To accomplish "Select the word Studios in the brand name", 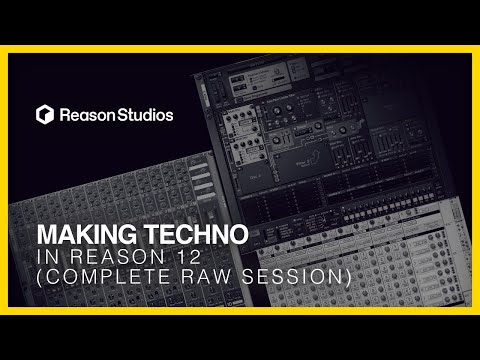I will (x=146, y=114).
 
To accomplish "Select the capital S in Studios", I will (x=125, y=114).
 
